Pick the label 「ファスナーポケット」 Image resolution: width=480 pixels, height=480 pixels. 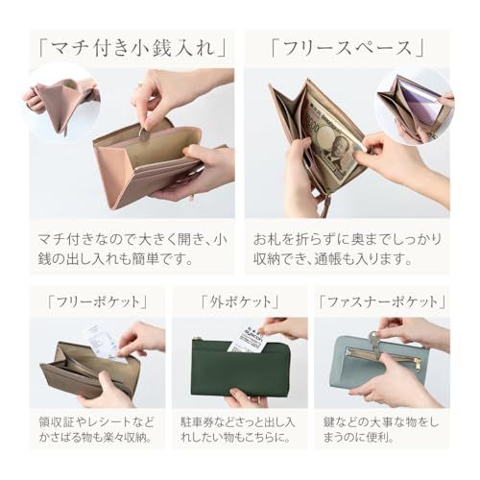coord(382,301)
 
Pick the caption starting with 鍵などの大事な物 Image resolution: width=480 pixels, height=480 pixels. coord(382,430)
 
